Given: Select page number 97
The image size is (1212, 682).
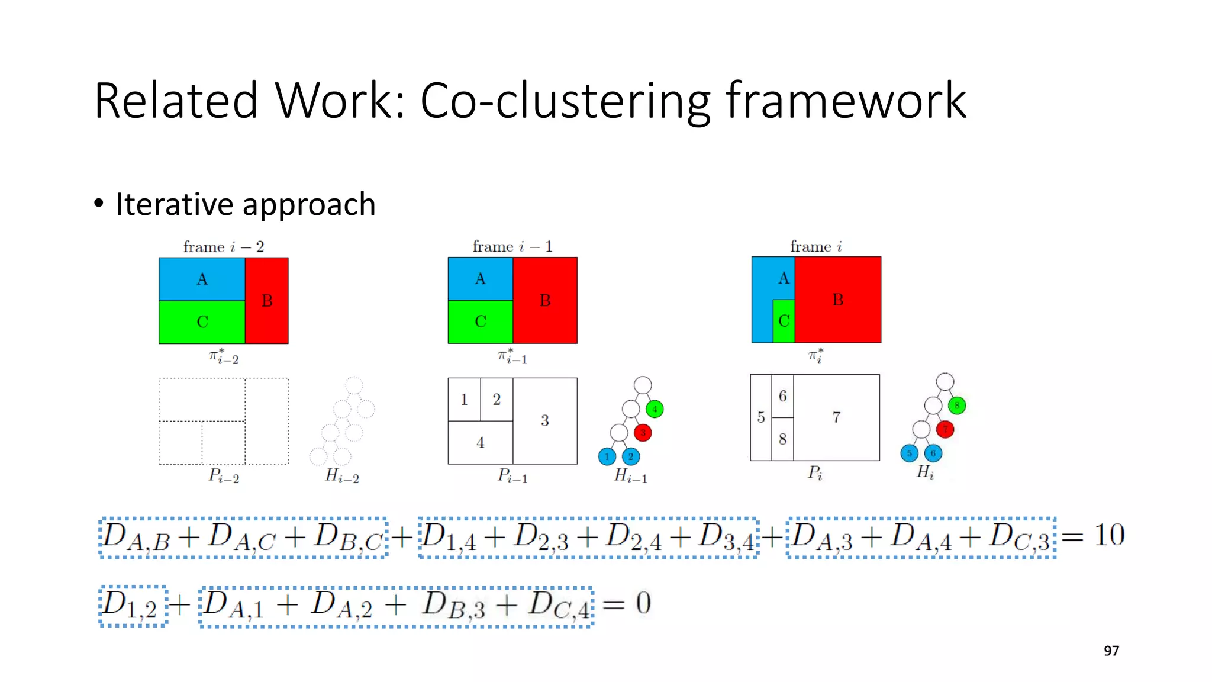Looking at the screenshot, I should [1111, 651].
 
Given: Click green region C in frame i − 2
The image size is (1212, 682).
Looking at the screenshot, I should [202, 322].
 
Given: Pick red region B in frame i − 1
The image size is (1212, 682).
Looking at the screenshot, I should [545, 300].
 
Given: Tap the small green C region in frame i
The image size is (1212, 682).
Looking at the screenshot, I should [784, 321].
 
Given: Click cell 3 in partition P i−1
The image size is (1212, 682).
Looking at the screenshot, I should [544, 420].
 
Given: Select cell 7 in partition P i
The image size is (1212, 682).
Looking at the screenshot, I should [836, 417].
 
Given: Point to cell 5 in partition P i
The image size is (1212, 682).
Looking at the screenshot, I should [761, 417].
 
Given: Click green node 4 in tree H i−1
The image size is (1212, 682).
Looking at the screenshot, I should [655, 408].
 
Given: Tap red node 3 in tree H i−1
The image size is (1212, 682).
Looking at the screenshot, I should [643, 433].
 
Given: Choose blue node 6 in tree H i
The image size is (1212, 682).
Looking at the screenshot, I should [933, 453].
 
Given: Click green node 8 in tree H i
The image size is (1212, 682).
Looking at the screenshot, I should [957, 406].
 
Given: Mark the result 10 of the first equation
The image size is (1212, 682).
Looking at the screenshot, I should [1109, 535].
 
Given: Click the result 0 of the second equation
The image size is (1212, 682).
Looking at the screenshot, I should [643, 604].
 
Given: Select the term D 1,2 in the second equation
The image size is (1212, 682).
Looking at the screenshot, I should [131, 606].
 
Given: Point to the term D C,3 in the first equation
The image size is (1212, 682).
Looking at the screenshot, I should [1020, 537].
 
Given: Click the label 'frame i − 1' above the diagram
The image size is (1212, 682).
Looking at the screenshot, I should [512, 246].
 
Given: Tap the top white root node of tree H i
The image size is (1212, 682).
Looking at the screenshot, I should [945, 381].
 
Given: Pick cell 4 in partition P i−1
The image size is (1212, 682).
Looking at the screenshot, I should [480, 442].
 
